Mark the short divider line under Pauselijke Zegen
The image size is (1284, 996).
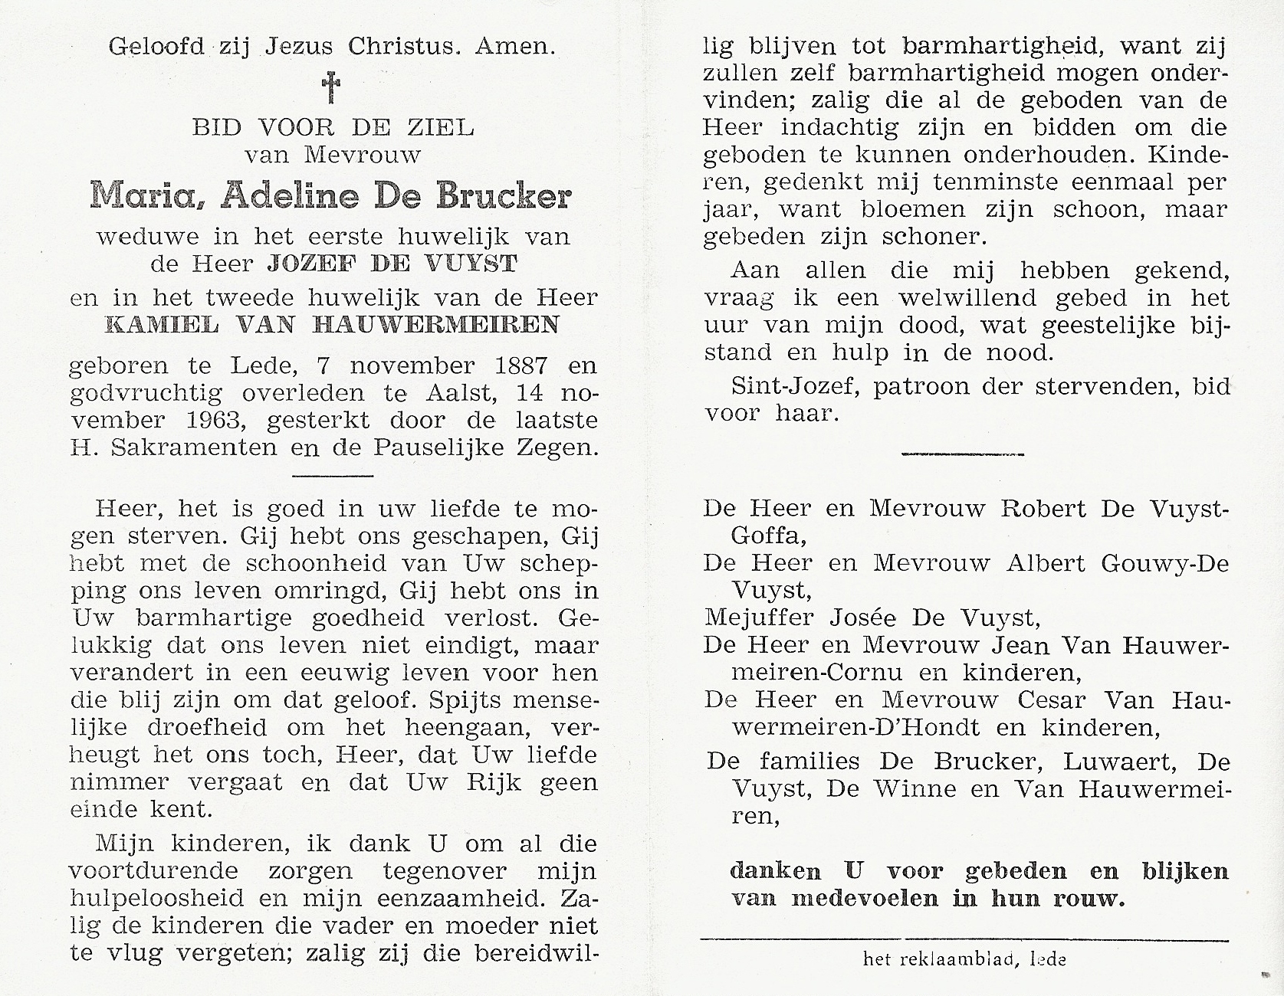click(x=333, y=477)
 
